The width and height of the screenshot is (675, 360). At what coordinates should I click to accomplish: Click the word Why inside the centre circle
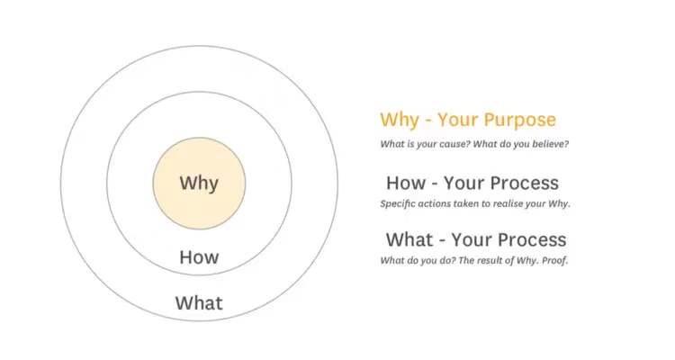[199, 184]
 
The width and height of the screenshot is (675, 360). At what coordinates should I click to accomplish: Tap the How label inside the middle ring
[199, 257]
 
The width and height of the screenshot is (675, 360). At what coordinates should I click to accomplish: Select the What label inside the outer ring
[199, 302]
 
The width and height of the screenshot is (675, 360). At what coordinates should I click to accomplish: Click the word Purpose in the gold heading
[519, 120]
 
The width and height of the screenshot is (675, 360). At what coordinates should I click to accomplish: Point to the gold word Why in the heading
[399, 120]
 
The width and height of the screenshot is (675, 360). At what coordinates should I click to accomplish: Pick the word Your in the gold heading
[457, 120]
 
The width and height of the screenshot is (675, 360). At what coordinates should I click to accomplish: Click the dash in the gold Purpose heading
[427, 121]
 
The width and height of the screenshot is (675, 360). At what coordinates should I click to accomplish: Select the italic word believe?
[551, 144]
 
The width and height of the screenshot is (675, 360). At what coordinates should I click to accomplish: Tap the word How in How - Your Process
[406, 183]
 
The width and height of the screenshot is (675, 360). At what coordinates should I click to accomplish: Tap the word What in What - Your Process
[409, 240]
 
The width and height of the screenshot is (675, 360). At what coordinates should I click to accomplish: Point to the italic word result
[490, 260]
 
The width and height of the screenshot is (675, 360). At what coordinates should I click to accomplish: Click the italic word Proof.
[555, 260]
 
